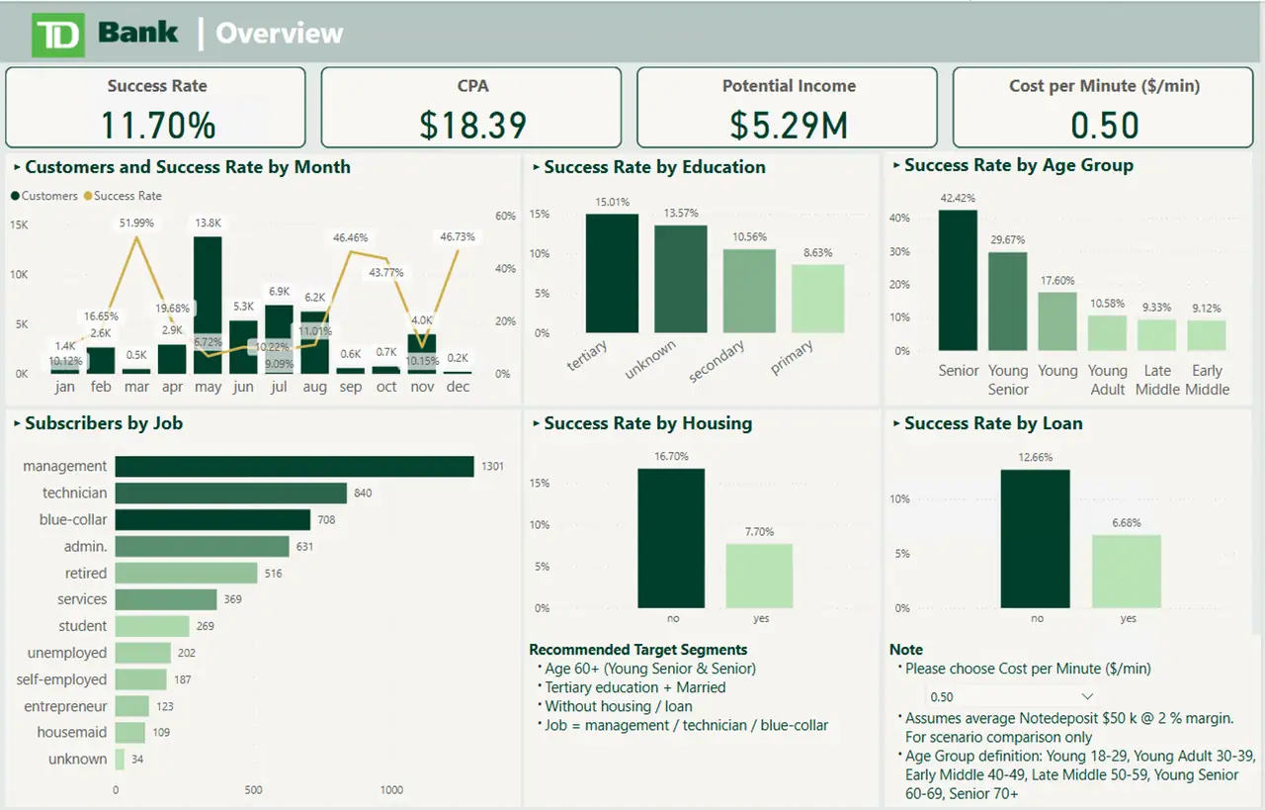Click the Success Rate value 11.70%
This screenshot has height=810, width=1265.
pyautogui.click(x=157, y=126)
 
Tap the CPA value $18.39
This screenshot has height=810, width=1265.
pyautogui.click(x=472, y=126)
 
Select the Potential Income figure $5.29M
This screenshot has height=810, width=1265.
pyautogui.click(x=788, y=126)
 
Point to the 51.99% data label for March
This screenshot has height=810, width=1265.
pyautogui.click(x=136, y=223)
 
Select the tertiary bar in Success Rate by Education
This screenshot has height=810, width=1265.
pyautogui.click(x=612, y=273)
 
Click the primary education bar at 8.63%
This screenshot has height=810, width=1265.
pyautogui.click(x=817, y=299)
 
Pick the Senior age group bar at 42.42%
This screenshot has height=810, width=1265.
pyautogui.click(x=958, y=281)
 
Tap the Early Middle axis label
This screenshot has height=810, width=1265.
pyautogui.click(x=1207, y=380)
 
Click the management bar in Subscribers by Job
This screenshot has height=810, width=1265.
pyautogui.click(x=295, y=466)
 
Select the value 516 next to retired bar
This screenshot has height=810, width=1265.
pyautogui.click(x=273, y=574)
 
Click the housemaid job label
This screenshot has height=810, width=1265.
pyautogui.click(x=72, y=733)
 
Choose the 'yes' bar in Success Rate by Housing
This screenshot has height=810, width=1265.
pyautogui.click(x=759, y=576)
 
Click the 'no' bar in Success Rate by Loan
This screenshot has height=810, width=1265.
pyautogui.click(x=1036, y=538)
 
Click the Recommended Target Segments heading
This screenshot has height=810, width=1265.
pyautogui.click(x=637, y=650)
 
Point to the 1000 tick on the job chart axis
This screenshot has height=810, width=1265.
pyautogui.click(x=391, y=790)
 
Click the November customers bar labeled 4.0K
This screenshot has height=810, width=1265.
pyautogui.click(x=422, y=353)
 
